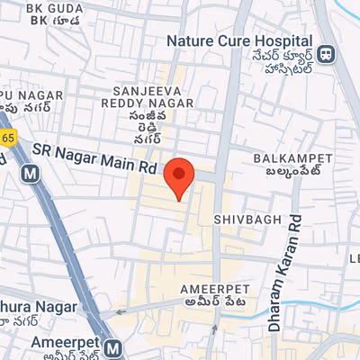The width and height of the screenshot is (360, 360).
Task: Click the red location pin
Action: pyautogui.click(x=180, y=176)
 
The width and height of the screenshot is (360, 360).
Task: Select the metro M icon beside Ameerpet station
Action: pyautogui.click(x=112, y=347)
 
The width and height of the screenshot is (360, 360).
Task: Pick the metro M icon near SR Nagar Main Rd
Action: pyautogui.click(x=31, y=172)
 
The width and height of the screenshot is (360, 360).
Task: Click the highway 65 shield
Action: pyautogui.click(x=7, y=138)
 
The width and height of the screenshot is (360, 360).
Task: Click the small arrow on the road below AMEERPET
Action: pyautogui.click(x=214, y=330)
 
